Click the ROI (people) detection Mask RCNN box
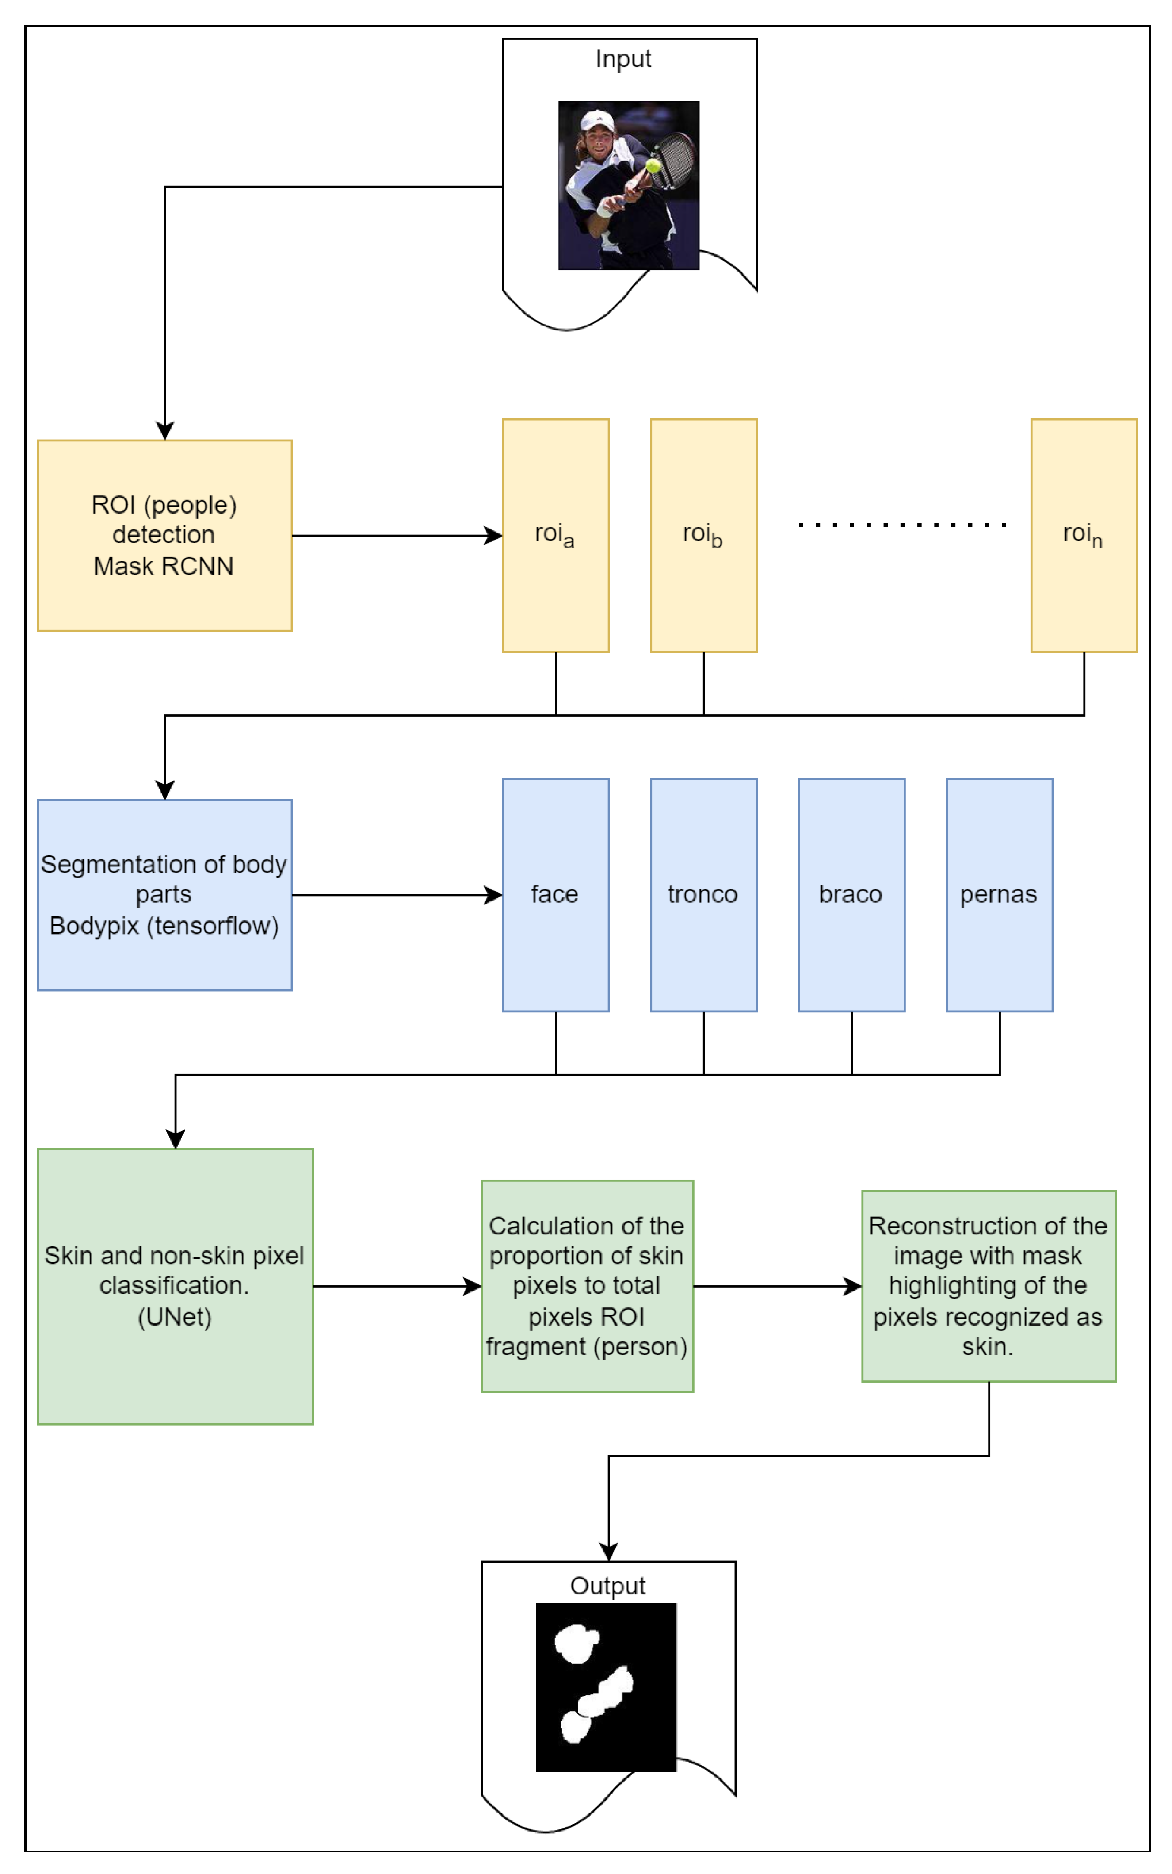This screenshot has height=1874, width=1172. point(164,535)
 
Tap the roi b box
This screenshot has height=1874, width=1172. point(703,535)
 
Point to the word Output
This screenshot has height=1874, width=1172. point(608,1586)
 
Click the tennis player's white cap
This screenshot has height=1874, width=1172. point(598,120)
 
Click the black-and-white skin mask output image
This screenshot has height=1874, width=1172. point(605,1688)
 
